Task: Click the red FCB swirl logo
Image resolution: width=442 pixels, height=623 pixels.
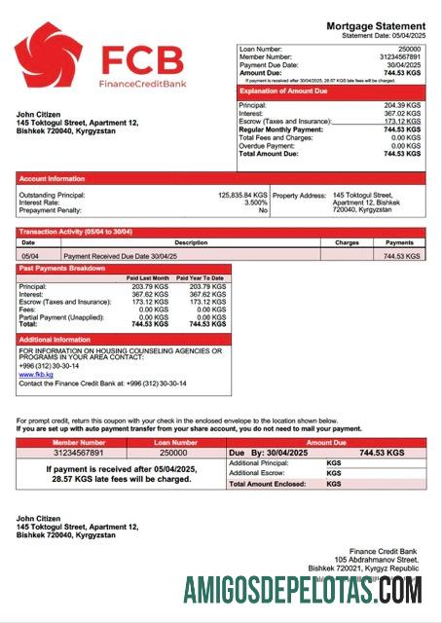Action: pos(49,55)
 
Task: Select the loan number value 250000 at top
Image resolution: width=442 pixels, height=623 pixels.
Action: pos(409,49)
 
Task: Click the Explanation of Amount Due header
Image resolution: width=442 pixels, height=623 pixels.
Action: pos(282,91)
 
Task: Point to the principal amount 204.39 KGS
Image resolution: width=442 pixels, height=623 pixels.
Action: pos(401,105)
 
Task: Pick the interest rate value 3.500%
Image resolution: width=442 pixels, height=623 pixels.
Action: pos(256,202)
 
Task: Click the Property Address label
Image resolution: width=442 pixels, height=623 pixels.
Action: pos(298,195)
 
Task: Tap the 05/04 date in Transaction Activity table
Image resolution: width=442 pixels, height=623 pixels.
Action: pos(30,255)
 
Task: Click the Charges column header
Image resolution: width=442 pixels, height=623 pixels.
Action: pos(347,242)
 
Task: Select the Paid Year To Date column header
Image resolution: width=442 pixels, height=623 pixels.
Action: pos(200,278)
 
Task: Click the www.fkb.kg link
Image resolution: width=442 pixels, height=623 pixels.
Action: pos(35,374)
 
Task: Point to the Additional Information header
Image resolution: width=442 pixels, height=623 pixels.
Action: pos(55,339)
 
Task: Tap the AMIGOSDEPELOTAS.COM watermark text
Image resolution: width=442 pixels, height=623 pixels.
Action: pos(303,590)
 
